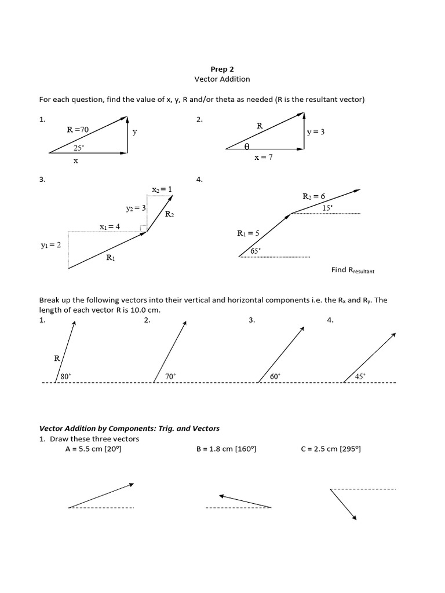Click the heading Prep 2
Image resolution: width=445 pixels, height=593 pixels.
click(222, 69)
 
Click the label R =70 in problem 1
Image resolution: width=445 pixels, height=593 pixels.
click(78, 130)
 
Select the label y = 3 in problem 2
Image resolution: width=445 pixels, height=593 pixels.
click(316, 131)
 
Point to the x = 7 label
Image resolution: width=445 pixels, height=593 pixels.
click(263, 158)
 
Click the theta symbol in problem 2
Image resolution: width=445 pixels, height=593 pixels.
click(247, 147)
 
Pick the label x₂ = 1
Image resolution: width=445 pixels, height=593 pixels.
click(162, 189)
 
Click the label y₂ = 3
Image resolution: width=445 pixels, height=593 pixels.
click(136, 207)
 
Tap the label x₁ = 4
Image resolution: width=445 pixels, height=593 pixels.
click(110, 226)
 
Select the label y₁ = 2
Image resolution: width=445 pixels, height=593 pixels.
click(50, 245)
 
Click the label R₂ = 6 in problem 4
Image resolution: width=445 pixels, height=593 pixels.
click(314, 196)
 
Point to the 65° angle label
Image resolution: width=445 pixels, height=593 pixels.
click(256, 251)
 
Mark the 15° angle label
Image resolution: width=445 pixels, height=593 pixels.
click(327, 207)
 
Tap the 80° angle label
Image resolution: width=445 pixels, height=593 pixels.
click(65, 376)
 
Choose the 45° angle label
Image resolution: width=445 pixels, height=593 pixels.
click(360, 376)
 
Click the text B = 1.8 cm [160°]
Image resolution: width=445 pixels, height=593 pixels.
click(226, 449)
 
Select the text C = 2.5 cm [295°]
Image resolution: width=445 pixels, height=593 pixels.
click(331, 449)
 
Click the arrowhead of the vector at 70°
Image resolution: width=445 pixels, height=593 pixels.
click(184, 323)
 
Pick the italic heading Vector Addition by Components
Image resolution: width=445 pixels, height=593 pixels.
click(129, 429)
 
